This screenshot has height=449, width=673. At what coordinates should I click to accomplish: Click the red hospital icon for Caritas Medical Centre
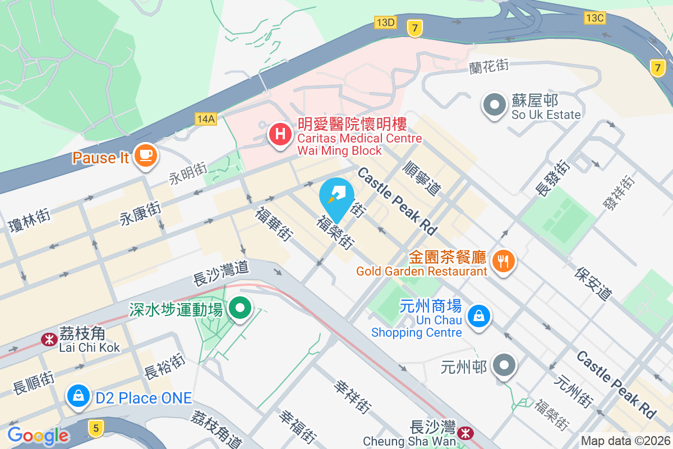tap(280, 135)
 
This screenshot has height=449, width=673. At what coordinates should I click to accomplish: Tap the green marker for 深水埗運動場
tap(241, 308)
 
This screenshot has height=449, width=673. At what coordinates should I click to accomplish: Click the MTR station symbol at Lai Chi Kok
tap(49, 339)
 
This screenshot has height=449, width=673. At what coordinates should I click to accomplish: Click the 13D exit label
tap(385, 22)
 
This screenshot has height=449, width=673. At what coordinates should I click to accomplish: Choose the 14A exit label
tap(206, 118)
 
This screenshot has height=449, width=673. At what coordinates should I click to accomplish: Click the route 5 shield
tap(96, 429)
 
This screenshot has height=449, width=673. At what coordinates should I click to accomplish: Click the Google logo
tap(38, 436)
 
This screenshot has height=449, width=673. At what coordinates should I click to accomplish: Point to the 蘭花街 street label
tap(489, 66)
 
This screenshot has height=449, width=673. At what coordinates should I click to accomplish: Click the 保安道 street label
tap(593, 282)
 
